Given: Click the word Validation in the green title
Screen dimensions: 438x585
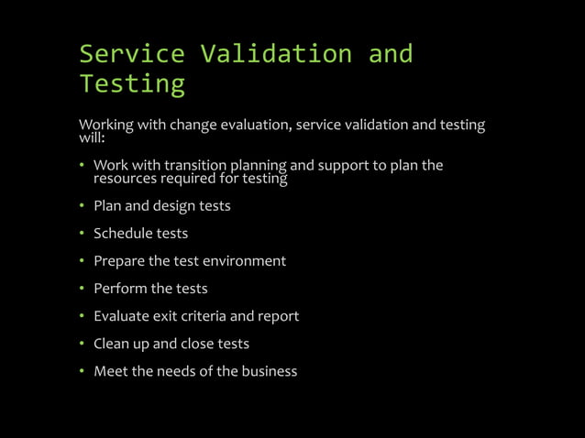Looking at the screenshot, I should point(276,54).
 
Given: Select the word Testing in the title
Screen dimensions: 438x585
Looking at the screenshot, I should point(132,84).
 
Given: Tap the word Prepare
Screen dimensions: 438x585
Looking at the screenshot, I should point(119,261).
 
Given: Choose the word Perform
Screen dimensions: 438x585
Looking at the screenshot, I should point(119,289).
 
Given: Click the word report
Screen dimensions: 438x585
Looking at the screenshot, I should point(278,317).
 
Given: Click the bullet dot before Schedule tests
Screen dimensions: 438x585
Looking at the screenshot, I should point(82,234).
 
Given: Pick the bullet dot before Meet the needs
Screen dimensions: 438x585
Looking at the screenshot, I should point(82,371).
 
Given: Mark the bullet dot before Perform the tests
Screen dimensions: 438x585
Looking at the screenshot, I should point(82,289).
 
